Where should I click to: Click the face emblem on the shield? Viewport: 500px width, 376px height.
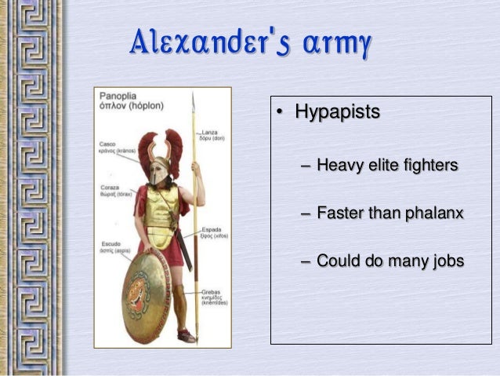click(147, 291)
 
